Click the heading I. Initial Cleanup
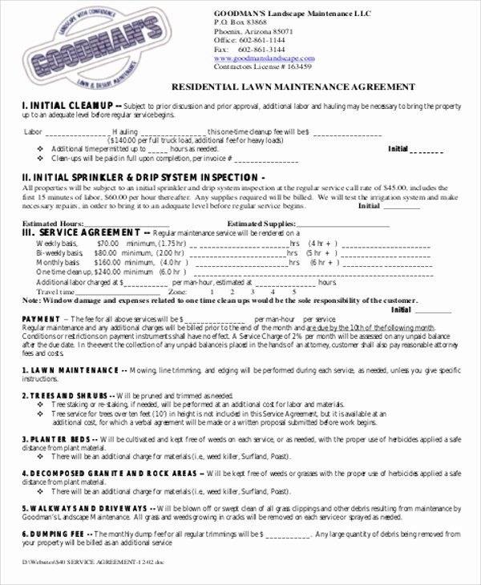[x=67, y=105]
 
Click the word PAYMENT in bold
[x=40, y=319]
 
